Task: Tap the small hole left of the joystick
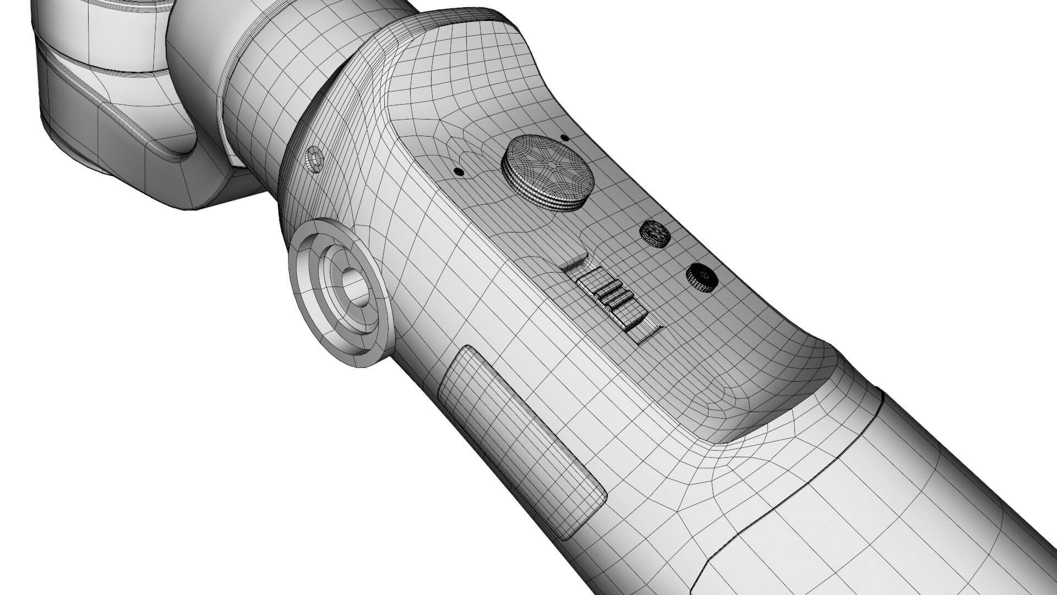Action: (x=458, y=172)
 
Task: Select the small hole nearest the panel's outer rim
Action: (x=563, y=138)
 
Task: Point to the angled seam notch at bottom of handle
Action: (x=710, y=562)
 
